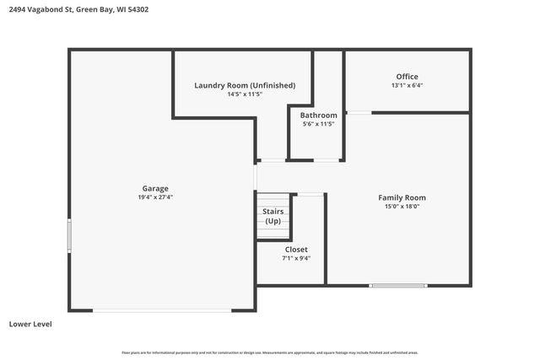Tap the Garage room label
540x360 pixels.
tap(154, 188)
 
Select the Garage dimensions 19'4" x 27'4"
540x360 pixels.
tap(154, 197)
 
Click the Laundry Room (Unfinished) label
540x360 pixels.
tap(245, 85)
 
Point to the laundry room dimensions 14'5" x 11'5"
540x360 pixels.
tap(245, 94)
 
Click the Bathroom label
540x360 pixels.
tap(319, 116)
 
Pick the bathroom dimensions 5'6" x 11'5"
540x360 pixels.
tap(319, 124)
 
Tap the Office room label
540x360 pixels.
tap(407, 77)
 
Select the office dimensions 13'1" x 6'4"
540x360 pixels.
tap(407, 85)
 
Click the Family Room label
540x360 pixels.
tap(402, 197)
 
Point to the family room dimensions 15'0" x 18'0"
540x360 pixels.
tap(402, 207)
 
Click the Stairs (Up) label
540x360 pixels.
tap(273, 216)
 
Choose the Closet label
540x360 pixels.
tap(295, 250)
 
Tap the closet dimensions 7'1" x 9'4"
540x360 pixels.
tap(295, 259)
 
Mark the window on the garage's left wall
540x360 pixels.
tap(69, 235)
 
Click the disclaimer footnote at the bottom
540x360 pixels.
tap(270, 352)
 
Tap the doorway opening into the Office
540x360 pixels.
tap(359, 112)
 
